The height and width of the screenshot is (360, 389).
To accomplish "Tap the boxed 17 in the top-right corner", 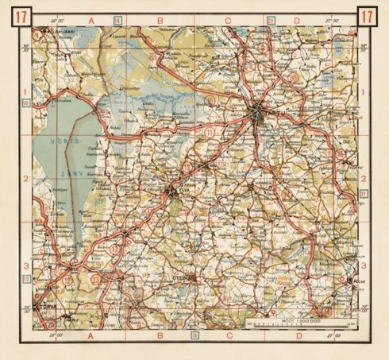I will point(368,15).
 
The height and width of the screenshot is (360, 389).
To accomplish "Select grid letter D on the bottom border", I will point(296,337).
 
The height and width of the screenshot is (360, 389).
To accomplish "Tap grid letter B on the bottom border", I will point(159,337).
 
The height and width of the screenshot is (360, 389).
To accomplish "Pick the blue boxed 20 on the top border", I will point(271,19).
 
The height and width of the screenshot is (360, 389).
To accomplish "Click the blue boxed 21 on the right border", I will point(364,193).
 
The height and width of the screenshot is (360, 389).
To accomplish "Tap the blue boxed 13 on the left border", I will point(25,279).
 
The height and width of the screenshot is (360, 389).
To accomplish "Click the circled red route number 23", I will point(96,279).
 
